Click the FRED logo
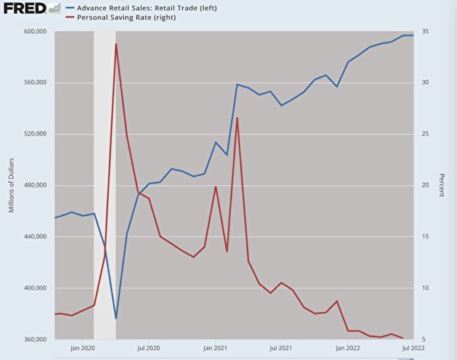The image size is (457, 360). [x=25, y=8]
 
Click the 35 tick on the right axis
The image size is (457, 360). [x=426, y=32]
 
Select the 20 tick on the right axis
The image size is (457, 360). [x=426, y=185]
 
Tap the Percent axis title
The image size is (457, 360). [x=441, y=185]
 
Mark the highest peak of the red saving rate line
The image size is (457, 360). [x=116, y=44]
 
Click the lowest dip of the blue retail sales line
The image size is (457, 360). [x=116, y=318]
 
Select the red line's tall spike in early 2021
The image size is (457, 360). [x=238, y=118]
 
